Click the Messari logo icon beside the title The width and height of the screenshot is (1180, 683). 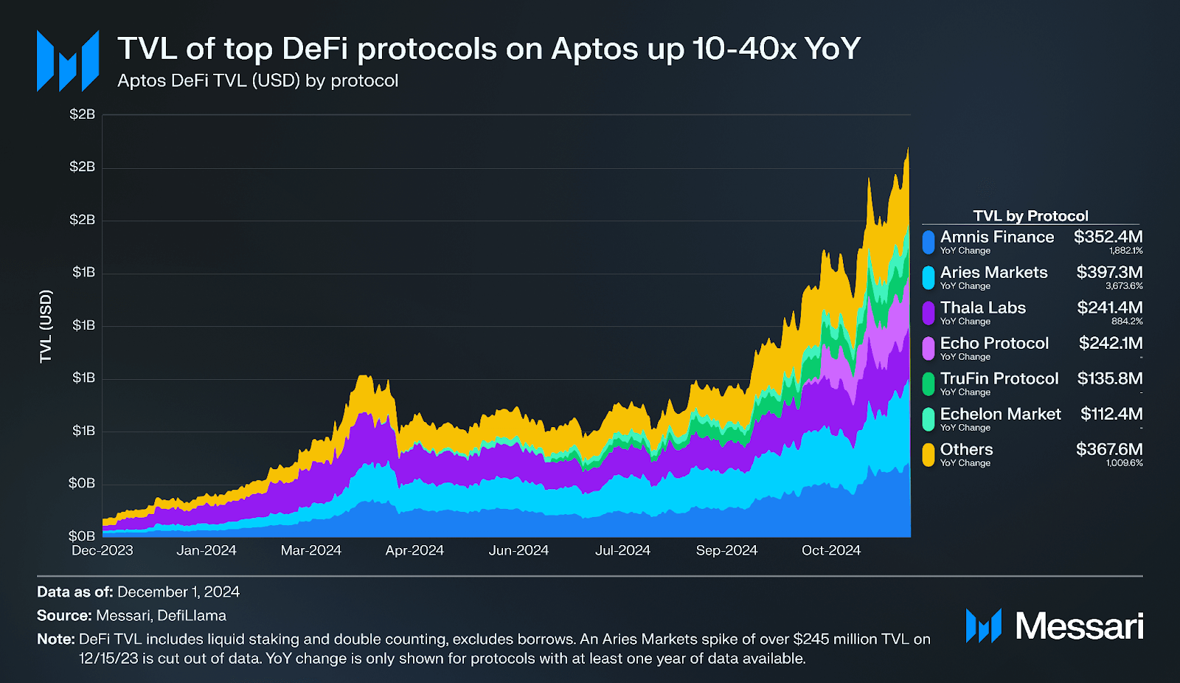pos(68,61)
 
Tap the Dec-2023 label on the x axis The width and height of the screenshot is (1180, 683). pos(103,550)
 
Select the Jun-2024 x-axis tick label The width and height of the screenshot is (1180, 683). pos(518,550)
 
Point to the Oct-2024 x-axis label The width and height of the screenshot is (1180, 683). pos(831,550)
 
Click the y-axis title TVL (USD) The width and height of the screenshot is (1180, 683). pos(46,326)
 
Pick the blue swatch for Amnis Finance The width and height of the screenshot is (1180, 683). pos(929,242)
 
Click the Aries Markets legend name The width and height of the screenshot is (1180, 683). pos(993,272)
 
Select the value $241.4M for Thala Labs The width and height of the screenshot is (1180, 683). pos(1109,308)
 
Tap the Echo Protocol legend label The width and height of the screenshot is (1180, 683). pos(994,343)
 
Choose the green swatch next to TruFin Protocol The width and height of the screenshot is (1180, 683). pos(929,384)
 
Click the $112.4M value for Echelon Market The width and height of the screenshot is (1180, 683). pos(1111,414)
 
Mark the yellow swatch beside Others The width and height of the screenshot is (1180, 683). pos(929,454)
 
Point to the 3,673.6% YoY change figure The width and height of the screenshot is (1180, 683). pos(1124,286)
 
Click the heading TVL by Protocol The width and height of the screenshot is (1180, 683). pos(1030,215)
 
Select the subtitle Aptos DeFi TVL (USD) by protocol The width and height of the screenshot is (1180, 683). pos(257,80)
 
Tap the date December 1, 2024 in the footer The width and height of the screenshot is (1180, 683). pos(178,592)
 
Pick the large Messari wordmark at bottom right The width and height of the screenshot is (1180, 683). pos(1079,626)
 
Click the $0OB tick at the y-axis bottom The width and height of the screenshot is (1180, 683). pos(82,535)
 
